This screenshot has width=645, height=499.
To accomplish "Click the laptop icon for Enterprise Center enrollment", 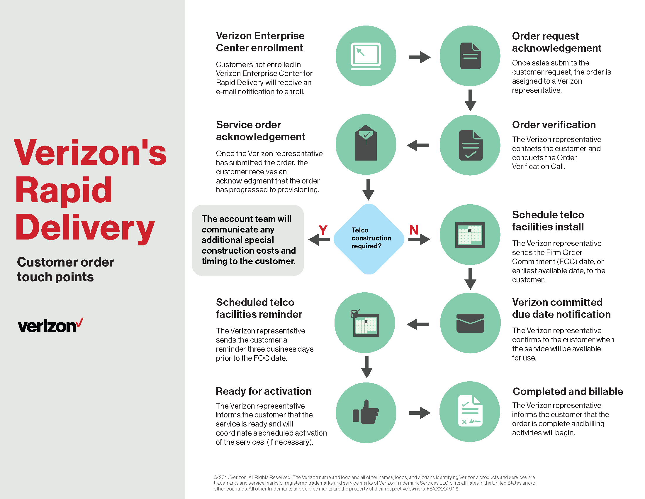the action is pos(366,56).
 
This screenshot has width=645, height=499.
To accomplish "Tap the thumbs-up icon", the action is pos(366,412).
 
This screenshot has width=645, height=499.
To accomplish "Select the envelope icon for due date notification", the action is pos(470,323).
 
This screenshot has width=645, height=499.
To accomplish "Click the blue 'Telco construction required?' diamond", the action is pos(369,239).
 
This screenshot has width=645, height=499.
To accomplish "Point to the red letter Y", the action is pos(323,230).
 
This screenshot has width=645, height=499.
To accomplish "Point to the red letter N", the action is pos(414,230).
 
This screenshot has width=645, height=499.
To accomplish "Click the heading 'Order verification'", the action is pos(554,125).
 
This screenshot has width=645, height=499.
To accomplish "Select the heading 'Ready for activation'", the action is pos(264,391).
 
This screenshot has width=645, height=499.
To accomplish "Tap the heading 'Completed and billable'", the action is pos(568,391).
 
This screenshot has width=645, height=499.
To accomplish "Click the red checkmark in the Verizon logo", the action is pos(80,323).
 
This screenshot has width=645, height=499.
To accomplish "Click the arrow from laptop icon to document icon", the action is pos(419,57).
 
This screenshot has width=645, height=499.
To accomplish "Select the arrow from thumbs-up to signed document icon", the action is pos(419,413).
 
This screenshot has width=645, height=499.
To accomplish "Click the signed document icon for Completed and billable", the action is pos(470,411).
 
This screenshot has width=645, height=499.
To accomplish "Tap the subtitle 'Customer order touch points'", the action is pos(65,269).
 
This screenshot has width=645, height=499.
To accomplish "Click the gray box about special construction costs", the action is pos(248,240).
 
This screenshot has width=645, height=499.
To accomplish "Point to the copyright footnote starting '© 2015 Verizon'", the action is pos(375,483).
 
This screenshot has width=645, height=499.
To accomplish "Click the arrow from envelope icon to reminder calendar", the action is pos(417,324).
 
